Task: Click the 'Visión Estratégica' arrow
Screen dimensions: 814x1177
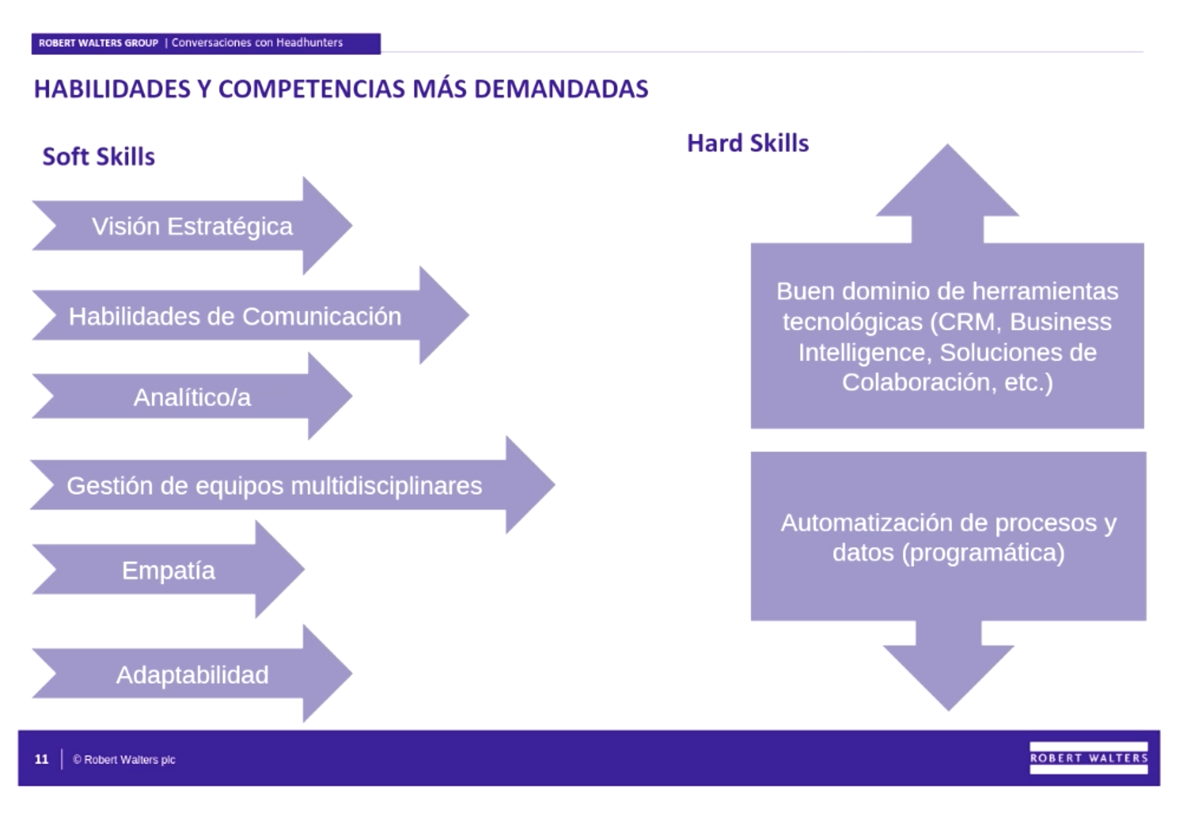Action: pos(192,226)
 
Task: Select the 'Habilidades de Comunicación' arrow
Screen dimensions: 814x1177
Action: pos(235,316)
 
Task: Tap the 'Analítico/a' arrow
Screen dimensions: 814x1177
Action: pos(192,397)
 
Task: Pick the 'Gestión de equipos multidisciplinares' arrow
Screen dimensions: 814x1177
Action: pos(274,485)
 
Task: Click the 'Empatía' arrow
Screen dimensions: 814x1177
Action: pos(169,570)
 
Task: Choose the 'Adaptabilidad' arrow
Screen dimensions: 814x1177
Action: pos(192,674)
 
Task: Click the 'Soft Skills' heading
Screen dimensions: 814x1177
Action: pos(99,156)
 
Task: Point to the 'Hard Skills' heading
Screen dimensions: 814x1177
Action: pos(748,143)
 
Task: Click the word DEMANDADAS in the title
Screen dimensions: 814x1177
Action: pos(561,89)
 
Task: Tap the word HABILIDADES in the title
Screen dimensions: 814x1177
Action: pos(112,89)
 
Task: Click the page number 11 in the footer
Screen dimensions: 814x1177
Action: pos(41,759)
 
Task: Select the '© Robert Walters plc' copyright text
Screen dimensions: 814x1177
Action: pos(124,759)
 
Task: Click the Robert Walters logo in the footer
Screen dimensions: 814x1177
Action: pos(1088,758)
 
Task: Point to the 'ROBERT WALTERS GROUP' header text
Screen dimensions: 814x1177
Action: pos(98,43)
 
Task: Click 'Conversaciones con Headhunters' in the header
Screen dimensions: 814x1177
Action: pos(257,43)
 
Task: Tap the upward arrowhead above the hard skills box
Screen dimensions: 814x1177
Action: pos(947,184)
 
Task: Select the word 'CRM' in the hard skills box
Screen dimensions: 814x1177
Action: pos(965,321)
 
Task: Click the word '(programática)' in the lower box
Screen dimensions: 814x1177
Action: pos(983,552)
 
